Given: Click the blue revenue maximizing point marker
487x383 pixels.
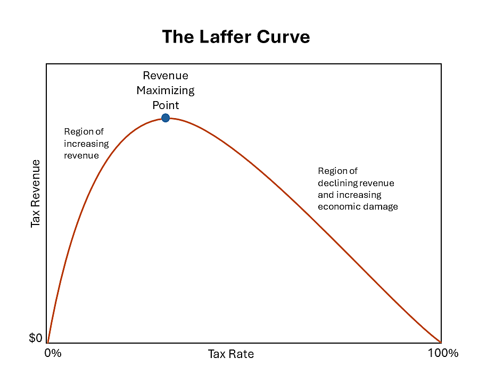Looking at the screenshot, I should click(x=166, y=118).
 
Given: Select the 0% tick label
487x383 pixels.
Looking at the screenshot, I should click(x=53, y=353).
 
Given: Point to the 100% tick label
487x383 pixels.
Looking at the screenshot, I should click(x=443, y=353).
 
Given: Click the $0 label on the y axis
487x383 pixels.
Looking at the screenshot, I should click(x=36, y=338).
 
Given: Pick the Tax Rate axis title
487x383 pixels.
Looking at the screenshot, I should click(x=231, y=354).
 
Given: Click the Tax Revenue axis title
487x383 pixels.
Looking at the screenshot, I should click(x=36, y=194).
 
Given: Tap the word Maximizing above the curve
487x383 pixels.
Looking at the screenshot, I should click(x=166, y=90).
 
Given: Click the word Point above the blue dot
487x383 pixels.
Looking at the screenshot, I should click(x=166, y=105).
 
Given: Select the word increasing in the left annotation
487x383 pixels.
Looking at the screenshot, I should click(x=86, y=144).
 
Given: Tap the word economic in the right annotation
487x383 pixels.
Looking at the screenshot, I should click(x=337, y=206).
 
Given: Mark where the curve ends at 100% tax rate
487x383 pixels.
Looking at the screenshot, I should click(x=441, y=343).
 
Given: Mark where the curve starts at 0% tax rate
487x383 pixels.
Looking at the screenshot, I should click(x=47, y=343).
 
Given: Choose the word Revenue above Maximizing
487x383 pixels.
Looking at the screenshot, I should click(x=166, y=76).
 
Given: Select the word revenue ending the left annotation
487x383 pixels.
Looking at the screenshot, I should click(x=81, y=155).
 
